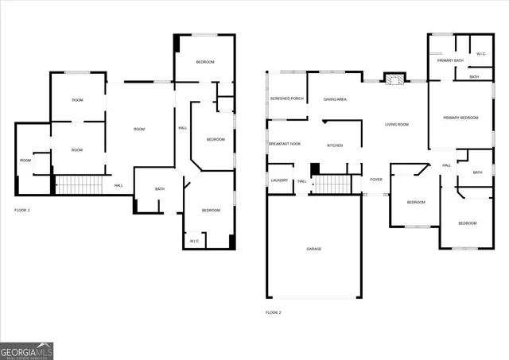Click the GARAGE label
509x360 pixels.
[314, 250]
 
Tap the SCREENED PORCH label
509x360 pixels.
[287, 99]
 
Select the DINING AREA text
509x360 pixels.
[335, 99]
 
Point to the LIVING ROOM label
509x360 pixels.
[397, 125]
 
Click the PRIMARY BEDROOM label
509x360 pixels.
[461, 118]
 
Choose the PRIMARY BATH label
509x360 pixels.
[450, 60]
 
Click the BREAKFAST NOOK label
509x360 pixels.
[285, 144]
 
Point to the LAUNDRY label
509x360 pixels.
[279, 180]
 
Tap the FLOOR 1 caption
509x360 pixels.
[22, 211]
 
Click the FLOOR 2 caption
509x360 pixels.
[273, 312]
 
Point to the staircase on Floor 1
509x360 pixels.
[80, 185]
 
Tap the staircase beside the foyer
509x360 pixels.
[331, 184]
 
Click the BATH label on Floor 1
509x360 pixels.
[160, 189]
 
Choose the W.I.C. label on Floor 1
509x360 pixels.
[195, 241]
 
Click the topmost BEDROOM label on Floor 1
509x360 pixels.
[206, 62]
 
